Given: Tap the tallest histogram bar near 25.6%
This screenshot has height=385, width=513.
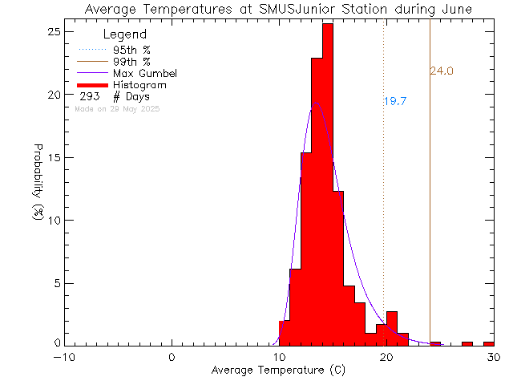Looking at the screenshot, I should (327, 184).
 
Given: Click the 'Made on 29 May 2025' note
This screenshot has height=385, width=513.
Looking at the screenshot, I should (117, 108).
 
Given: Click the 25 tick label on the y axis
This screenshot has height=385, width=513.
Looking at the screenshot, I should (54, 31).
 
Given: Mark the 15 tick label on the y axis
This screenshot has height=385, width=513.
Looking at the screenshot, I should (54, 157).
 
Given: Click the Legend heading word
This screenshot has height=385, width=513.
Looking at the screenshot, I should (125, 34).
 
